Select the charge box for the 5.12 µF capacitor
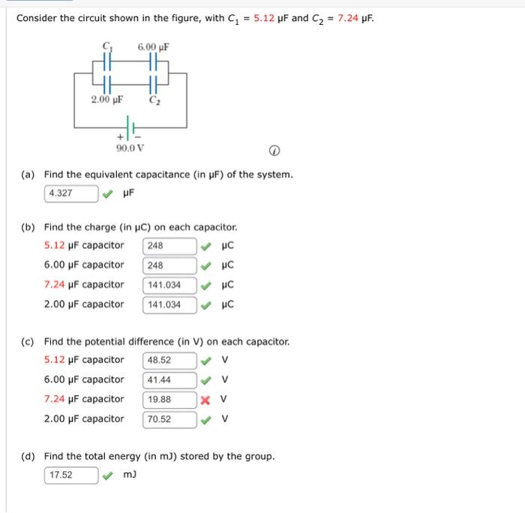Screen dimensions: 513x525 pyautogui.click(x=169, y=246)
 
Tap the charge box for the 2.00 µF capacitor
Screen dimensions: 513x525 pyautogui.click(x=169, y=304)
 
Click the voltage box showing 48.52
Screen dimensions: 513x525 pyautogui.click(x=169, y=360)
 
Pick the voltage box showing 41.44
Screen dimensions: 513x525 pyautogui.click(x=169, y=379)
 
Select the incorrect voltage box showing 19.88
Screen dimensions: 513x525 pyautogui.click(x=169, y=399)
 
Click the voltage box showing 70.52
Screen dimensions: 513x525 pyautogui.click(x=169, y=419)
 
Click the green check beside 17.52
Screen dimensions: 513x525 pyautogui.click(x=108, y=475)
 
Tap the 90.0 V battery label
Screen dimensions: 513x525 pyautogui.click(x=130, y=148)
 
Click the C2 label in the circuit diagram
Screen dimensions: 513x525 pyautogui.click(x=154, y=100)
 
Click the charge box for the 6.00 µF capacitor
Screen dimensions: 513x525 pyautogui.click(x=169, y=265)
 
